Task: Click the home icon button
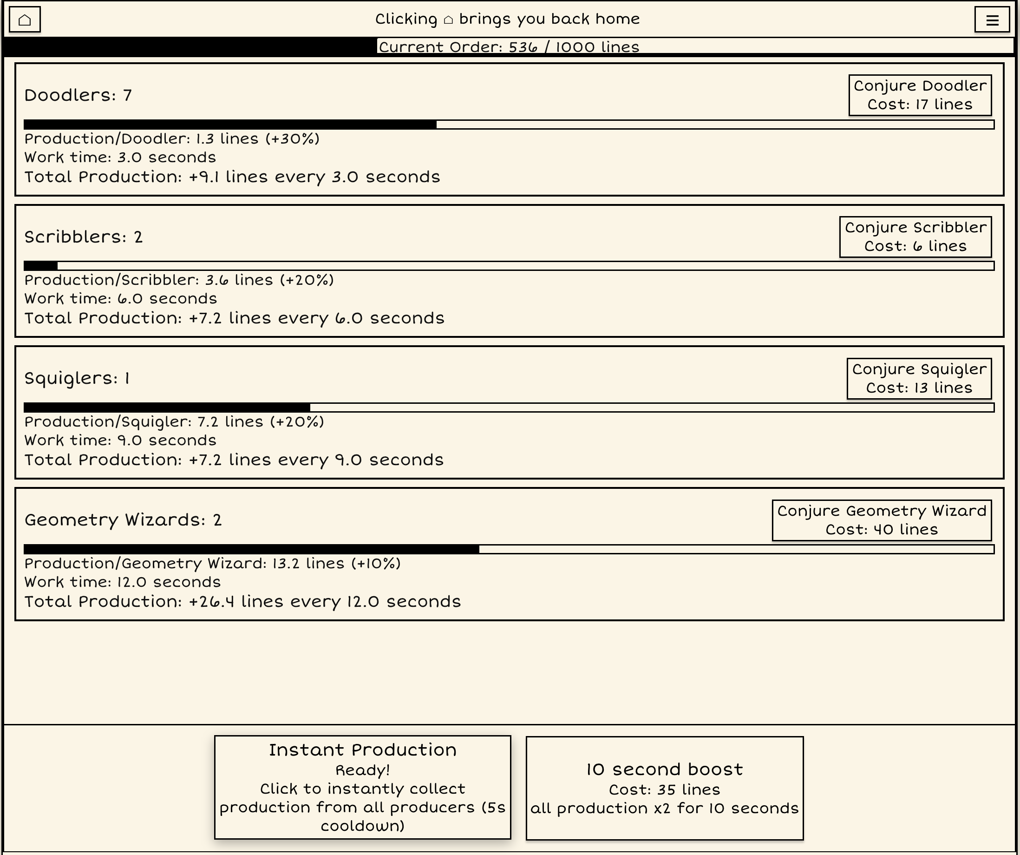(x=25, y=20)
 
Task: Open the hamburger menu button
(x=992, y=20)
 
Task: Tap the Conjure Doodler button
(x=920, y=95)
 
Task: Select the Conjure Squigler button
(x=919, y=378)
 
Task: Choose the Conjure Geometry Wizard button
(x=882, y=520)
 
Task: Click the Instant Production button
(x=362, y=787)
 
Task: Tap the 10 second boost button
(x=665, y=788)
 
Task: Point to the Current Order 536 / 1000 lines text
(x=509, y=47)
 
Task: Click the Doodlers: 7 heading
(x=78, y=95)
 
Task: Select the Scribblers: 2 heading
(x=84, y=237)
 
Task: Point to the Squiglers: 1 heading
(x=77, y=378)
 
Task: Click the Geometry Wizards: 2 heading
(x=123, y=520)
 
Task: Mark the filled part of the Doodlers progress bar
(x=230, y=125)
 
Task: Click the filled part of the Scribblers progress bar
(x=41, y=266)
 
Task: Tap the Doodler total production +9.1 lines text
(x=232, y=177)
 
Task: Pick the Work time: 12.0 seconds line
(x=123, y=582)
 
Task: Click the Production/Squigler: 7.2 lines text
(x=174, y=421)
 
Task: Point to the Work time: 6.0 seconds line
(x=120, y=299)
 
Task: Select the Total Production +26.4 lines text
(x=242, y=602)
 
